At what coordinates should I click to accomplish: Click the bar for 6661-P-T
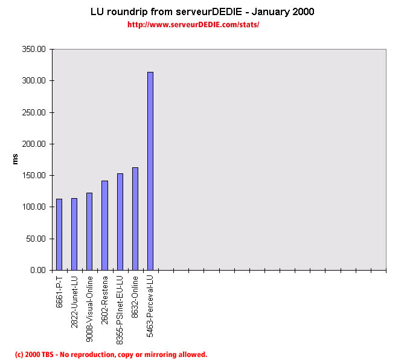tap(59, 234)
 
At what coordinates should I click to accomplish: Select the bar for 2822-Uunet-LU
tap(74, 234)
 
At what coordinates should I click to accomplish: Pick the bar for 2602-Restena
tap(104, 225)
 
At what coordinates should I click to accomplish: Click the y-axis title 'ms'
tap(16, 159)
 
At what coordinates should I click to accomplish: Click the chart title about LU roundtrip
tap(202, 11)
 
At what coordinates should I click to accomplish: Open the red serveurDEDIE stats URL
tap(194, 25)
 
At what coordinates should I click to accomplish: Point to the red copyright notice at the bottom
tap(111, 355)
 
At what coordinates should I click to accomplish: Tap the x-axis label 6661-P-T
tap(59, 291)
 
